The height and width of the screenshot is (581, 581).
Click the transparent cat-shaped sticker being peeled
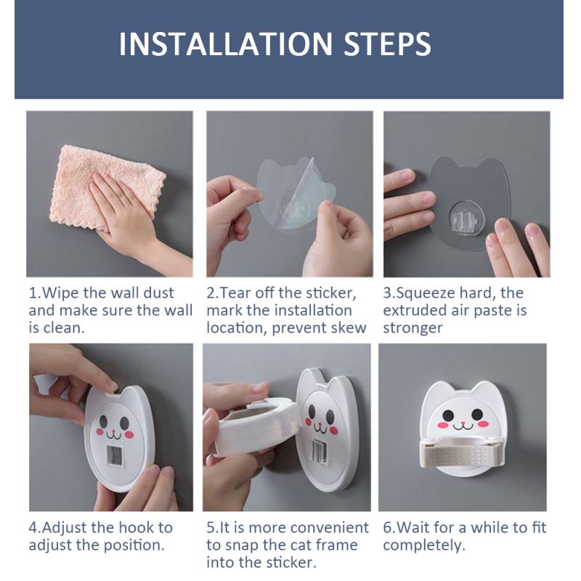pyautogui.click(x=295, y=193)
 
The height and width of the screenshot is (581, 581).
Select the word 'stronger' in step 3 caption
pyautogui.click(x=413, y=328)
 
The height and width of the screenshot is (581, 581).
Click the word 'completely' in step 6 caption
pyautogui.click(x=424, y=545)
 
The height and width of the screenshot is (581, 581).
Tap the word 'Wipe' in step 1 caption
pyautogui.click(x=57, y=293)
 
